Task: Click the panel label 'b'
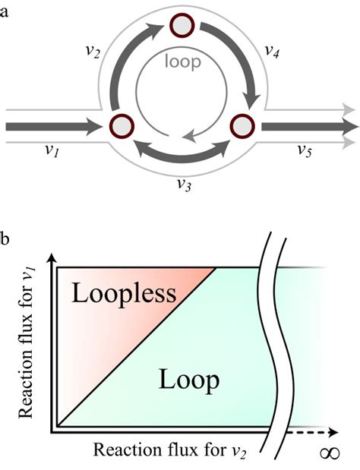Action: [6, 241]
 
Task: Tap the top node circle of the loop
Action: [182, 26]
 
